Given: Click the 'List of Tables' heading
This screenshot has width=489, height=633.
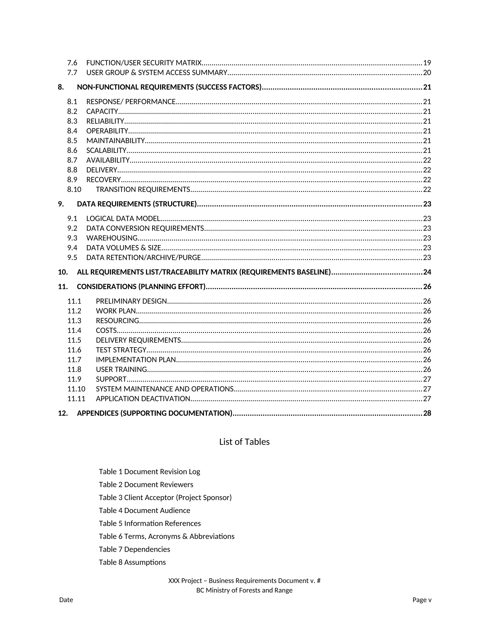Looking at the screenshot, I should click(244, 442).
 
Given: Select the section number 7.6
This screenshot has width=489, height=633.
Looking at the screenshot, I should click(72, 63).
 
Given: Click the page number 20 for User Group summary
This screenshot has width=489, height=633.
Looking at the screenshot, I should click(427, 73).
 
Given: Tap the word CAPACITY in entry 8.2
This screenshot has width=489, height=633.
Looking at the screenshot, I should click(102, 112).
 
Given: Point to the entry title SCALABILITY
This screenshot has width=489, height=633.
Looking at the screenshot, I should click(106, 150).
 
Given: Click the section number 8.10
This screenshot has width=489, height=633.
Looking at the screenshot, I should click(74, 190).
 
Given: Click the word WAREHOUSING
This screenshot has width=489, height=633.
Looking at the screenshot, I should click(112, 238).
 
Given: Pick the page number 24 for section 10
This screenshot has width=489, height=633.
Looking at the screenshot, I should click(427, 272).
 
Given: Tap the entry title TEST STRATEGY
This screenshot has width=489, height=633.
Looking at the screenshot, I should click(121, 350).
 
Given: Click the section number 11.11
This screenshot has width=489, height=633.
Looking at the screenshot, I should click(76, 399).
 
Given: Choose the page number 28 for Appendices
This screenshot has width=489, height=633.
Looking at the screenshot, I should click(427, 413).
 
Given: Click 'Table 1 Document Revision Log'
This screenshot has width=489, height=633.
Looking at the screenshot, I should click(149, 472).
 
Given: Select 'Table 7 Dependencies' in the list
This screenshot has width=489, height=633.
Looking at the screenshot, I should click(134, 549).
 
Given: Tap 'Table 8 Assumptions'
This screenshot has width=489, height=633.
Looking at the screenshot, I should click(132, 562).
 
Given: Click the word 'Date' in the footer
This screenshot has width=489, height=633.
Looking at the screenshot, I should click(66, 600).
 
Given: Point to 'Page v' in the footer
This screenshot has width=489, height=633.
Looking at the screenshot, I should click(422, 600).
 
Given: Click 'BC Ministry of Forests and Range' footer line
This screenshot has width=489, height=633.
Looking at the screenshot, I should click(244, 590).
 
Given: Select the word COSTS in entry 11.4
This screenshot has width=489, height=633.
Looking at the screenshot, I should click(106, 330).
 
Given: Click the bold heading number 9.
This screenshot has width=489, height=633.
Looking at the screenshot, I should click(61, 204).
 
